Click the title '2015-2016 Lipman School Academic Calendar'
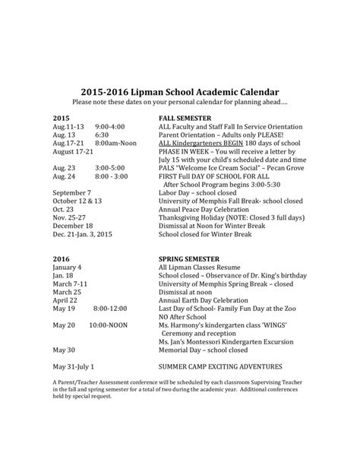[x=179, y=90]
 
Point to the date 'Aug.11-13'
[x=69, y=127]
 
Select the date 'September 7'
[x=72, y=192]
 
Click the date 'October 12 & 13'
[x=77, y=201]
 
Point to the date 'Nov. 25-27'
[x=70, y=219]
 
